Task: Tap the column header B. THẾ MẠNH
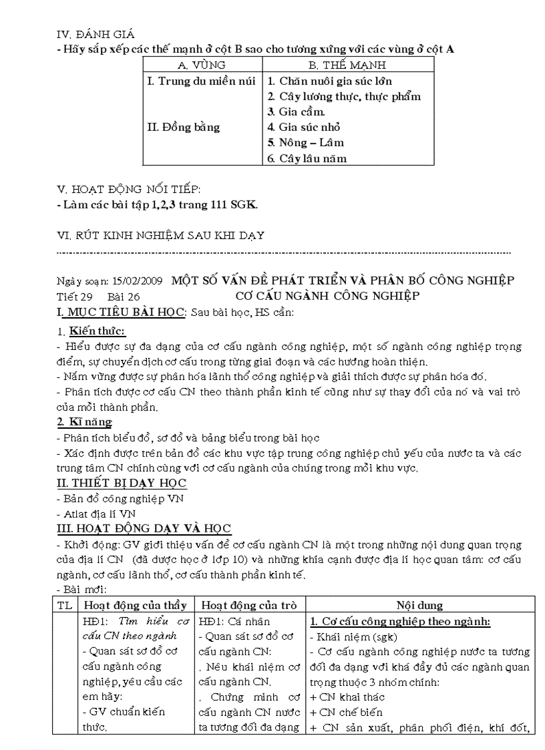tap(347, 65)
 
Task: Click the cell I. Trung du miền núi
tap(201, 81)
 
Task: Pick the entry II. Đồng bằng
tap(183, 127)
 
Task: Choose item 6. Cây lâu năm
tap(307, 158)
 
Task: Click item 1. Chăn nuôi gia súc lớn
tap(329, 81)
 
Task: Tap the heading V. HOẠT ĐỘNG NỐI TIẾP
tap(129, 189)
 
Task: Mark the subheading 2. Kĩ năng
tap(84, 422)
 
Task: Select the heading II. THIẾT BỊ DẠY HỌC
tap(121, 483)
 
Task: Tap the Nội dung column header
tap(419, 605)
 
